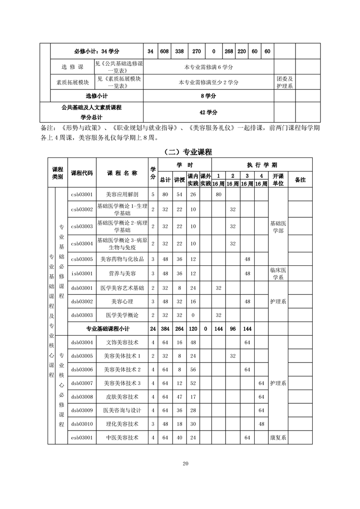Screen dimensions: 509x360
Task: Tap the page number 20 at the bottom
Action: (185, 463)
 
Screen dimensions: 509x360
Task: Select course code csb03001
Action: (82, 194)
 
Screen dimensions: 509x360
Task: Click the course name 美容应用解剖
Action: (123, 194)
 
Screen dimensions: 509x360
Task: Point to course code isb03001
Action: (82, 274)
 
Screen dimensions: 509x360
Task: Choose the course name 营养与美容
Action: (123, 274)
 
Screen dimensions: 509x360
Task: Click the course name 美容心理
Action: (123, 301)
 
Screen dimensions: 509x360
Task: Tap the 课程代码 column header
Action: (82, 173)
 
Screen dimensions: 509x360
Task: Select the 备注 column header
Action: (300, 180)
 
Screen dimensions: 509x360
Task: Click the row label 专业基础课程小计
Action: (108, 328)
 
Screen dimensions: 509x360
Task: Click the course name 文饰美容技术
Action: (123, 342)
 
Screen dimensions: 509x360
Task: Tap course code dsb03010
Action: (82, 424)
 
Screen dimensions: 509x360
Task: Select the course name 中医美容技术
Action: (123, 438)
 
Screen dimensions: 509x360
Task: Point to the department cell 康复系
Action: (278, 438)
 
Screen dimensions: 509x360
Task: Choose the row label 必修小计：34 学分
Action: (97, 51)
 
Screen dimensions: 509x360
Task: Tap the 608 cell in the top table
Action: (164, 51)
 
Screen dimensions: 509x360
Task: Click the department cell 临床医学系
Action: (278, 274)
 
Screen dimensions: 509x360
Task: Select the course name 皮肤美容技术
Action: (123, 396)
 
